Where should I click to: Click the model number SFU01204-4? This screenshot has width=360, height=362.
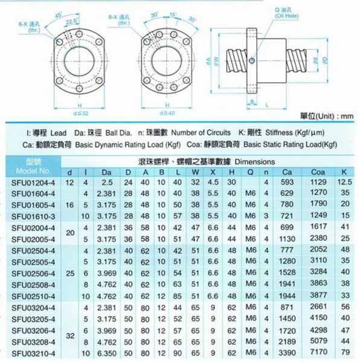[x=33, y=181]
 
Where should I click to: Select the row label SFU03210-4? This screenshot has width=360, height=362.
[x=33, y=352]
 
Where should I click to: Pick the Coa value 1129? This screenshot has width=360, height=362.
[x=318, y=181]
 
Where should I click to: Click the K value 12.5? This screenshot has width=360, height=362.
[x=345, y=181]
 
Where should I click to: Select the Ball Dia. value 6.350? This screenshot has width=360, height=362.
[x=108, y=352]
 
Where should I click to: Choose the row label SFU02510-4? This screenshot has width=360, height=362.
[x=33, y=296]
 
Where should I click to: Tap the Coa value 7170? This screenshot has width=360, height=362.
[x=318, y=352]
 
